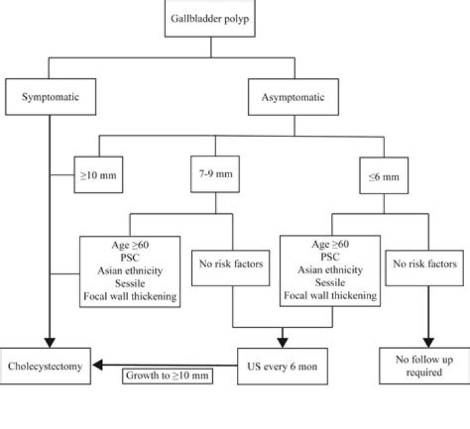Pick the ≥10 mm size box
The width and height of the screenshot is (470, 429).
click(99, 175)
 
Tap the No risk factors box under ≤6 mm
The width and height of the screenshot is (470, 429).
click(425, 265)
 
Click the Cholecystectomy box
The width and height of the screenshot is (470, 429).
click(45, 366)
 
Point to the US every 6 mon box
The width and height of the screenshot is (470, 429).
click(282, 366)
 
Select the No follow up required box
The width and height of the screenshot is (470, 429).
click(425, 366)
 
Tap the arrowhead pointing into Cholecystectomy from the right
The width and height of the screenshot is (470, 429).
click(97, 366)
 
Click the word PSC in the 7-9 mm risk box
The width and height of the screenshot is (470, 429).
click(129, 258)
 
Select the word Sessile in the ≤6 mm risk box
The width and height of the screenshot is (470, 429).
click(330, 283)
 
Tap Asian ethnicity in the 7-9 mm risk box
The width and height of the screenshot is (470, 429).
click(129, 271)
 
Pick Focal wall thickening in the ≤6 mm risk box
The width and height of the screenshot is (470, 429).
click(330, 295)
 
